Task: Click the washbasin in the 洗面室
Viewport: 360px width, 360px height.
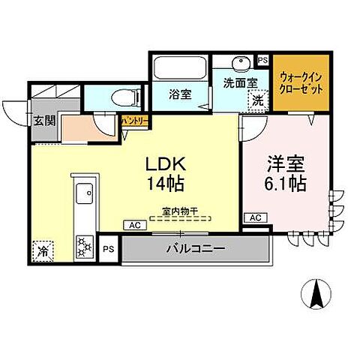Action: tap(240, 63)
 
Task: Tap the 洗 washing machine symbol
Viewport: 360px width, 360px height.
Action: tap(257, 100)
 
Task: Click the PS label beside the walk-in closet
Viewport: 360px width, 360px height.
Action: tap(262, 60)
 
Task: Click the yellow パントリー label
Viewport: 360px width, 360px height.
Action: tap(135, 120)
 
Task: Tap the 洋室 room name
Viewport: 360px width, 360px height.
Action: tap(283, 163)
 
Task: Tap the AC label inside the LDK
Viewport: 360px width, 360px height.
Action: tap(135, 224)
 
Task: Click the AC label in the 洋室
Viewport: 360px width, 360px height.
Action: tap(254, 217)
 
